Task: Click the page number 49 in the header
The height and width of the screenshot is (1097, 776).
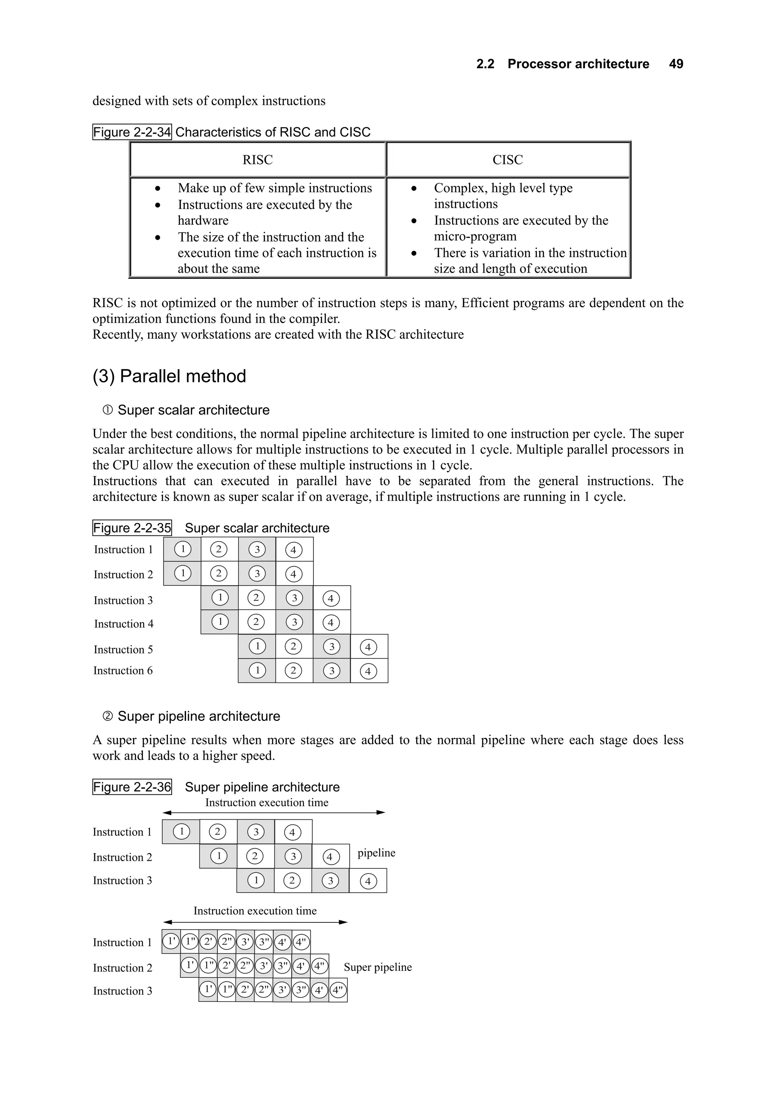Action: tap(676, 64)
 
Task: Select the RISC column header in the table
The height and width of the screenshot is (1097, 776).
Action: tap(257, 159)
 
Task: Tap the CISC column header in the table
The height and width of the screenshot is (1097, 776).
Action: tap(507, 159)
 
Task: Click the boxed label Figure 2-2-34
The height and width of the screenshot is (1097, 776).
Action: tap(132, 132)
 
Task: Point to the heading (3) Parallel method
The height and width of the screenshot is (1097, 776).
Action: tap(169, 376)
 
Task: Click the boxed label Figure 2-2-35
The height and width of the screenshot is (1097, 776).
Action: tap(132, 528)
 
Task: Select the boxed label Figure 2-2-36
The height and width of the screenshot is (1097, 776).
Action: tap(132, 787)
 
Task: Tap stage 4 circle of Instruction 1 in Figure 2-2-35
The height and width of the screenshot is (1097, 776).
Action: tap(294, 550)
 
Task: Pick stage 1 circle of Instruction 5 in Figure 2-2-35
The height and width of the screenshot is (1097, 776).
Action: tap(257, 646)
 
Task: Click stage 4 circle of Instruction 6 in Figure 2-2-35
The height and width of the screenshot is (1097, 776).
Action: tap(368, 671)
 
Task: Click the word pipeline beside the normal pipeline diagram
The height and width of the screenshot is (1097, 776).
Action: tap(376, 853)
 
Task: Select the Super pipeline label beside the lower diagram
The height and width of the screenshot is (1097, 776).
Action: tap(377, 967)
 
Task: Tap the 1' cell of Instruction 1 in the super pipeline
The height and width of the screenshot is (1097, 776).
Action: tap(171, 942)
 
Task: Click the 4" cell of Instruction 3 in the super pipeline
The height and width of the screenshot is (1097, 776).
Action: tap(338, 990)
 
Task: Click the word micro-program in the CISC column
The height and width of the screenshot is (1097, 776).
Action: tap(475, 237)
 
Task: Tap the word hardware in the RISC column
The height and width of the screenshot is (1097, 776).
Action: tap(203, 220)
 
